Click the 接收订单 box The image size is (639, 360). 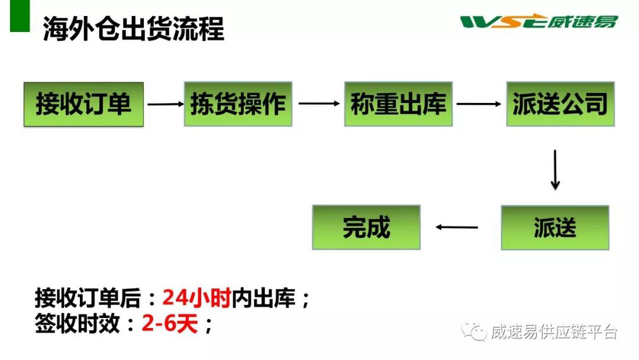(x=83, y=104)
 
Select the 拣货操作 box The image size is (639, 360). (x=238, y=104)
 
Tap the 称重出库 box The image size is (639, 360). (x=398, y=104)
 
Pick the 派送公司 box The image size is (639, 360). (x=560, y=104)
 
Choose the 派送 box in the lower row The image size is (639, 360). (x=555, y=227)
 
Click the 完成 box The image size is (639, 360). (x=366, y=227)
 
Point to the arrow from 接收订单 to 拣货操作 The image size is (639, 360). (x=166, y=104)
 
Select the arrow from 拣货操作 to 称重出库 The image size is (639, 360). (x=319, y=104)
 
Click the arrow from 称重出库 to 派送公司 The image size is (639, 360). (x=479, y=104)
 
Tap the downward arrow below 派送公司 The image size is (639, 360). (x=555, y=170)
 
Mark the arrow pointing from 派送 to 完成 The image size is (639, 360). (x=457, y=227)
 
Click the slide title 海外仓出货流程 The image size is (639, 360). (x=134, y=29)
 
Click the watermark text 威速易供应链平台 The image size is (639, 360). (x=554, y=332)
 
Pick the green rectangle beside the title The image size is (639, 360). (x=20, y=16)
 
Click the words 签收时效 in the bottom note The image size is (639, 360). (x=77, y=324)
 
